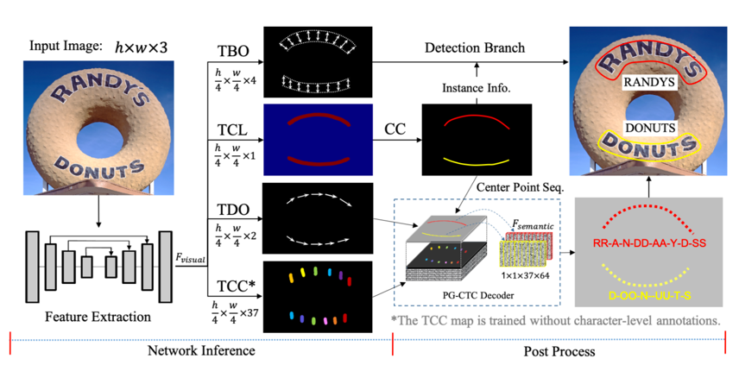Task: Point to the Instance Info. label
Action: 473,88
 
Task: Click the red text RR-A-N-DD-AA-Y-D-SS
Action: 649,243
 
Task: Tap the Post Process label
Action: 559,351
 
